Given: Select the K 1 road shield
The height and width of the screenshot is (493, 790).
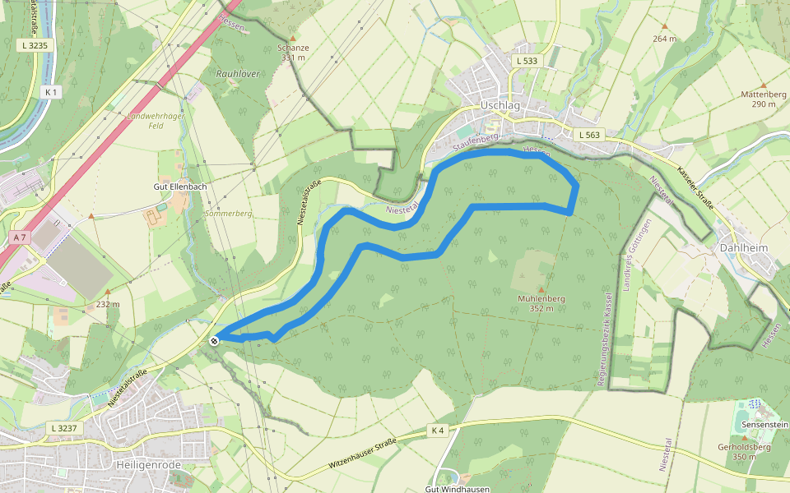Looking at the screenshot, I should point(53,92).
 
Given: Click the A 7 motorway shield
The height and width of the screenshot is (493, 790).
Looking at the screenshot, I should point(21,237).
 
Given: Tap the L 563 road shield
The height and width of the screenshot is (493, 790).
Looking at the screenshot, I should point(590,135).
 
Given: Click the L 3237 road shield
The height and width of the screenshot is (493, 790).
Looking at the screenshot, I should point(64,428).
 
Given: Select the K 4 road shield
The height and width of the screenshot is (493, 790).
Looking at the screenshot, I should point(437,431).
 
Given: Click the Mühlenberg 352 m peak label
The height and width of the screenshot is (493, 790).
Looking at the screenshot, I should point(541,303).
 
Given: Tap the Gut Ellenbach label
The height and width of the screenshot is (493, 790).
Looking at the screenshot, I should point(179,187).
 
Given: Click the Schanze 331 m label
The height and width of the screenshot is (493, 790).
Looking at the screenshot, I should point(294,53).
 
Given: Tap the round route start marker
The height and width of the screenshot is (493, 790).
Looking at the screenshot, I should point(214,340).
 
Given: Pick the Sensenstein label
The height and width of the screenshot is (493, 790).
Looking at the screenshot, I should point(764,424).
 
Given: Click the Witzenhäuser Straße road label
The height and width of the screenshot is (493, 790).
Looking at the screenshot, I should point(364,455).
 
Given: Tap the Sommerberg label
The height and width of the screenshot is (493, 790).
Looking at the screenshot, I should point(228,214).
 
